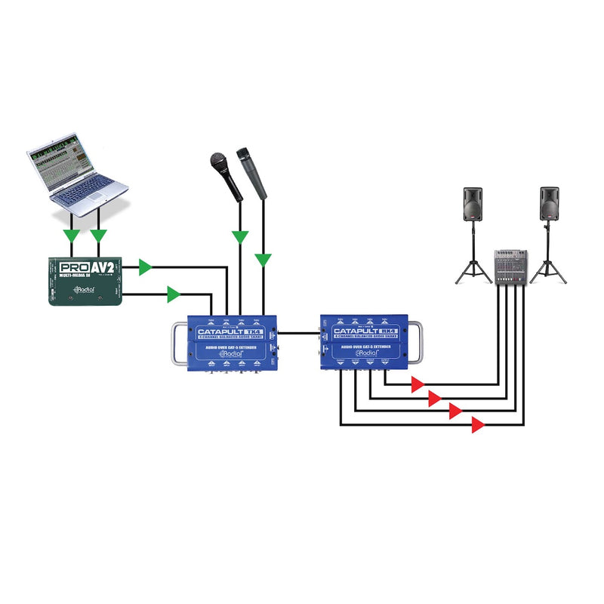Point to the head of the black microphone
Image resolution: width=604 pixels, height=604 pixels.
(x=218, y=161)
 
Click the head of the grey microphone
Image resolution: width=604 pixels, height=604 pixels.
(x=245, y=153)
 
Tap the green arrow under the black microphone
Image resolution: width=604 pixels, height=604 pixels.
(x=240, y=237)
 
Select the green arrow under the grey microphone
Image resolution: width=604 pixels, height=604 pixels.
(x=263, y=260)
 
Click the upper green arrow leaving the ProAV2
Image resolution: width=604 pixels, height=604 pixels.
(x=145, y=267)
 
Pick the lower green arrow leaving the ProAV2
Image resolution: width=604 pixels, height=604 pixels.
(x=174, y=294)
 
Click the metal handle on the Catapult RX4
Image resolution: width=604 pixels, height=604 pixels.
(x=418, y=342)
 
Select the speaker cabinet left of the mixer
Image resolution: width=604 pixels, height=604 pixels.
(x=473, y=203)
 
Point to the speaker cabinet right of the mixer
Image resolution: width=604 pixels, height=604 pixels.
(x=549, y=203)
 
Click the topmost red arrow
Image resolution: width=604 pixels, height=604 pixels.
(x=416, y=385)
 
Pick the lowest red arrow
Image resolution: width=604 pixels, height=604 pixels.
(x=477, y=425)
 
